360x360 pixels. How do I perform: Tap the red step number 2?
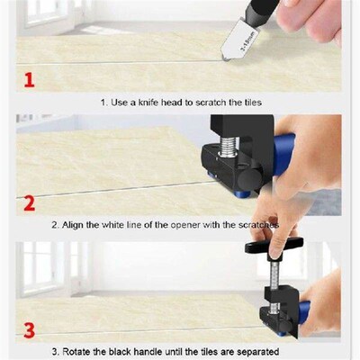click(x=29, y=202)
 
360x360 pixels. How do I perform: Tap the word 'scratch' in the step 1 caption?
click(x=212, y=102)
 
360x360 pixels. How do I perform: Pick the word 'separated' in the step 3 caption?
click(x=251, y=350)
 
